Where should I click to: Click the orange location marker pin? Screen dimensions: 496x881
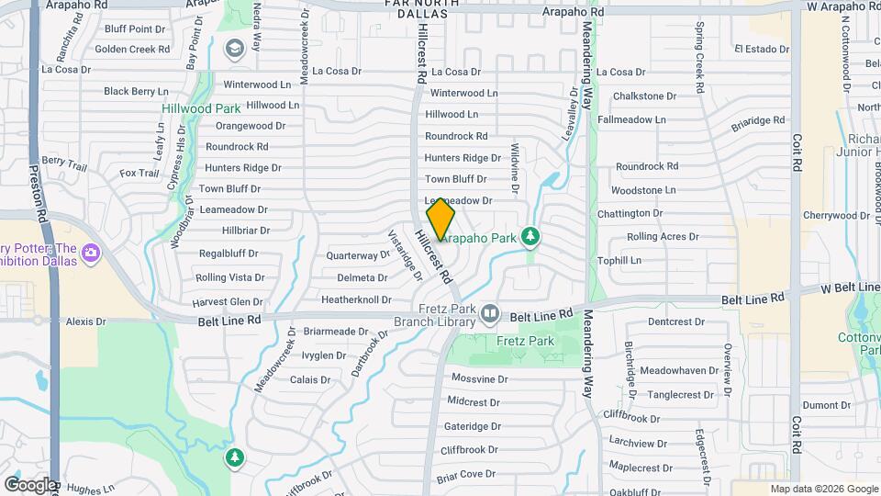click(x=441, y=220)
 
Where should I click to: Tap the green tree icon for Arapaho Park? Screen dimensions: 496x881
click(x=530, y=237)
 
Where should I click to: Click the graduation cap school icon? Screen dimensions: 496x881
click(x=234, y=48)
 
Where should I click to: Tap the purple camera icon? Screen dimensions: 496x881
click(x=90, y=252)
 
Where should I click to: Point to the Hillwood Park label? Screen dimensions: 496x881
click(x=201, y=108)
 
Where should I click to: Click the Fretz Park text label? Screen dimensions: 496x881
click(x=526, y=341)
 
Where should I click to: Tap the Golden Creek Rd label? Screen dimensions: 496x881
click(x=132, y=49)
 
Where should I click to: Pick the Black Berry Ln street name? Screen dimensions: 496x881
click(x=136, y=91)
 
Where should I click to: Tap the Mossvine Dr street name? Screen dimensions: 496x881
click(x=478, y=378)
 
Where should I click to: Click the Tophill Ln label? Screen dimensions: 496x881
click(x=620, y=260)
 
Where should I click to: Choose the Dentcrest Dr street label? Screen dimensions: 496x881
click(x=675, y=321)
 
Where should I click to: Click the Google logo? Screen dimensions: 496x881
click(x=29, y=484)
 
